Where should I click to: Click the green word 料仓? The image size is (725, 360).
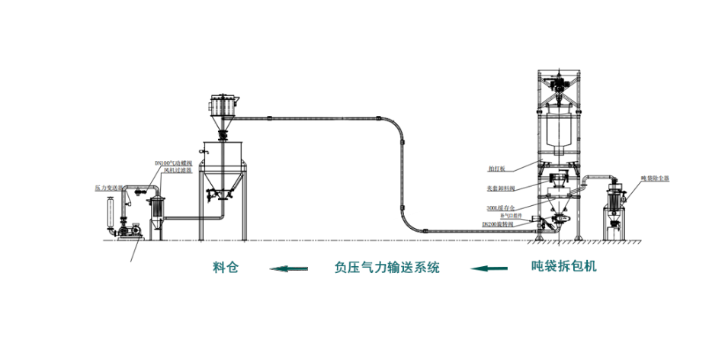pos(224,268)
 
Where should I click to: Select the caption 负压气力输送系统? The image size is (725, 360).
pos(387,268)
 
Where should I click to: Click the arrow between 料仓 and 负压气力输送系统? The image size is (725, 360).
pos(289,268)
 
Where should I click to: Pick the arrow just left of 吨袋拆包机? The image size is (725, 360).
pos(489,268)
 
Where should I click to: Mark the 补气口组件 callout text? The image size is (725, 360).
pos(499,216)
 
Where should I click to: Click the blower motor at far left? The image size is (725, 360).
pos(133,228)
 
